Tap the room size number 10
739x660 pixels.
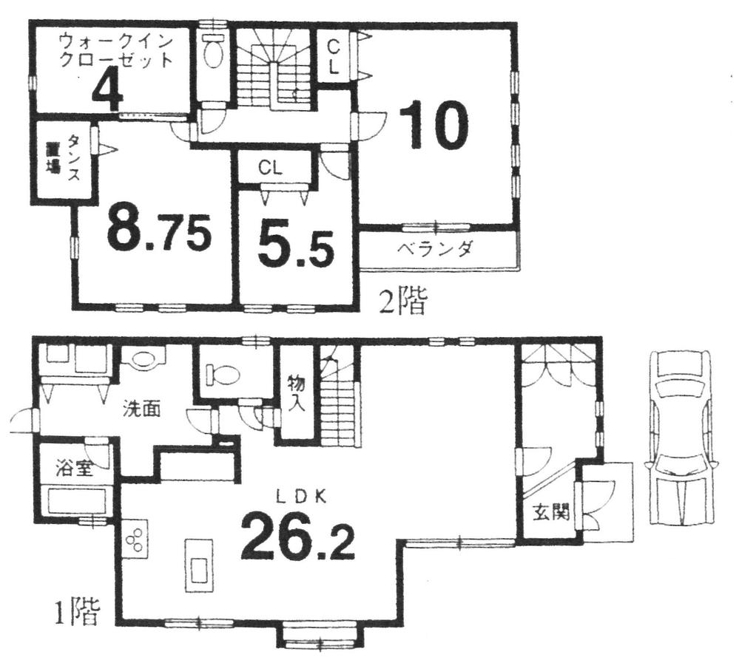[434, 126]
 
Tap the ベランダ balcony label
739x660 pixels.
[434, 249]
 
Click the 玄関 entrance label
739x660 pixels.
[549, 511]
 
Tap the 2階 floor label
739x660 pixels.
[403, 302]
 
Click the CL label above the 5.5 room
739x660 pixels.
[270, 168]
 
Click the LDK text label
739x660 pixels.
[301, 497]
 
